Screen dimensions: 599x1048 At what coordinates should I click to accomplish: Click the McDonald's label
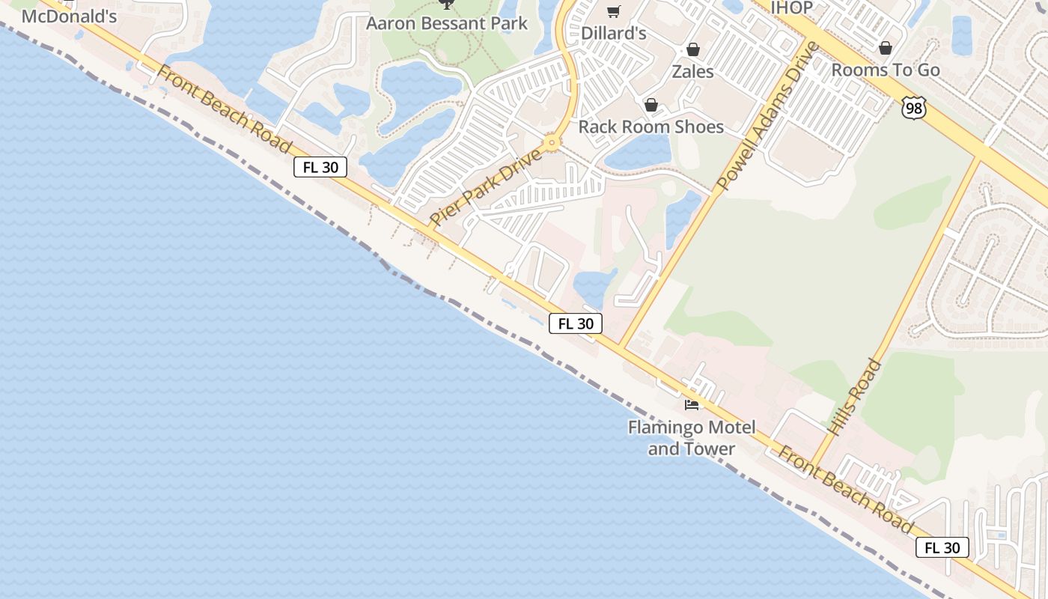[x=69, y=16]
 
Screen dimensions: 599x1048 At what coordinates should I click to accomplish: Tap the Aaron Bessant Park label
[x=447, y=22]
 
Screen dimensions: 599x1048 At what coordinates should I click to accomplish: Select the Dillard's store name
[x=614, y=33]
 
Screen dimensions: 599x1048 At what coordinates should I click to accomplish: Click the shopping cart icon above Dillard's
[x=614, y=10]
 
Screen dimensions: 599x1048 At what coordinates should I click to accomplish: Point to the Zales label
[x=692, y=72]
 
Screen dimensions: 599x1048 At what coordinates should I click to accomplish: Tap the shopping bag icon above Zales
[x=693, y=49]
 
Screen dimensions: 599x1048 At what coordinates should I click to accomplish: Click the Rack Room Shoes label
[x=651, y=127]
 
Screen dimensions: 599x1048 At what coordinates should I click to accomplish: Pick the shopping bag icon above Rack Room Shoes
[x=651, y=105]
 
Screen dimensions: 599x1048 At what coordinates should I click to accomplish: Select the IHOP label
[x=791, y=8]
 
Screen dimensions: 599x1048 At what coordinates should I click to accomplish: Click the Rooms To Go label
[x=886, y=70]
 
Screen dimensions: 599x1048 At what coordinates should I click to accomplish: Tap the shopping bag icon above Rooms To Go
[x=886, y=48]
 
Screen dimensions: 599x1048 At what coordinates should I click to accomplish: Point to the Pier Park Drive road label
[x=486, y=187]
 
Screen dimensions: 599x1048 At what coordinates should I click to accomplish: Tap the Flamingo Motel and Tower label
[x=692, y=438]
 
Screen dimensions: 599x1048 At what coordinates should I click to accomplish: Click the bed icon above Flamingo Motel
[x=692, y=405]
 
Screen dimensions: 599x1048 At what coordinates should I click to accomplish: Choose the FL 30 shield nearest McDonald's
[x=320, y=167]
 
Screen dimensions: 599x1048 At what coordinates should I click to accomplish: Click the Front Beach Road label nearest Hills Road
[x=844, y=490]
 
